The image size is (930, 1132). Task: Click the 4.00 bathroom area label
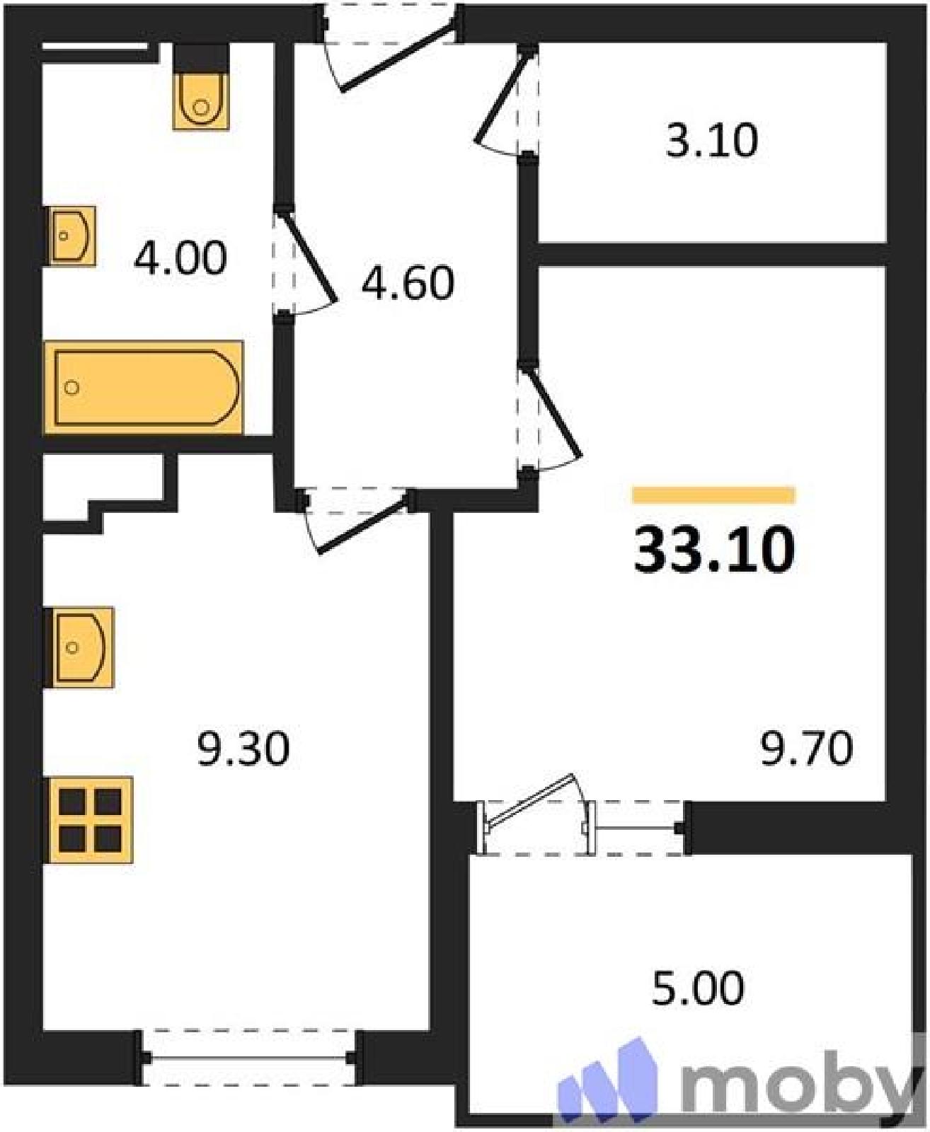(x=180, y=258)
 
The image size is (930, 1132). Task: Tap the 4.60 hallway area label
(x=408, y=283)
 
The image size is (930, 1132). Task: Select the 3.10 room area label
(x=712, y=141)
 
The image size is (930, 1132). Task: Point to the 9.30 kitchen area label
(x=243, y=749)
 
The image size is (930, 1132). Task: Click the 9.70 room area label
(x=807, y=749)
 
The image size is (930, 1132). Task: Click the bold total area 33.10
(x=714, y=550)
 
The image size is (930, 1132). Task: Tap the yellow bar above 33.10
(x=713, y=495)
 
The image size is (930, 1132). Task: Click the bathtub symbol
(x=144, y=387)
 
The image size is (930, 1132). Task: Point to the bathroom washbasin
(x=72, y=236)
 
